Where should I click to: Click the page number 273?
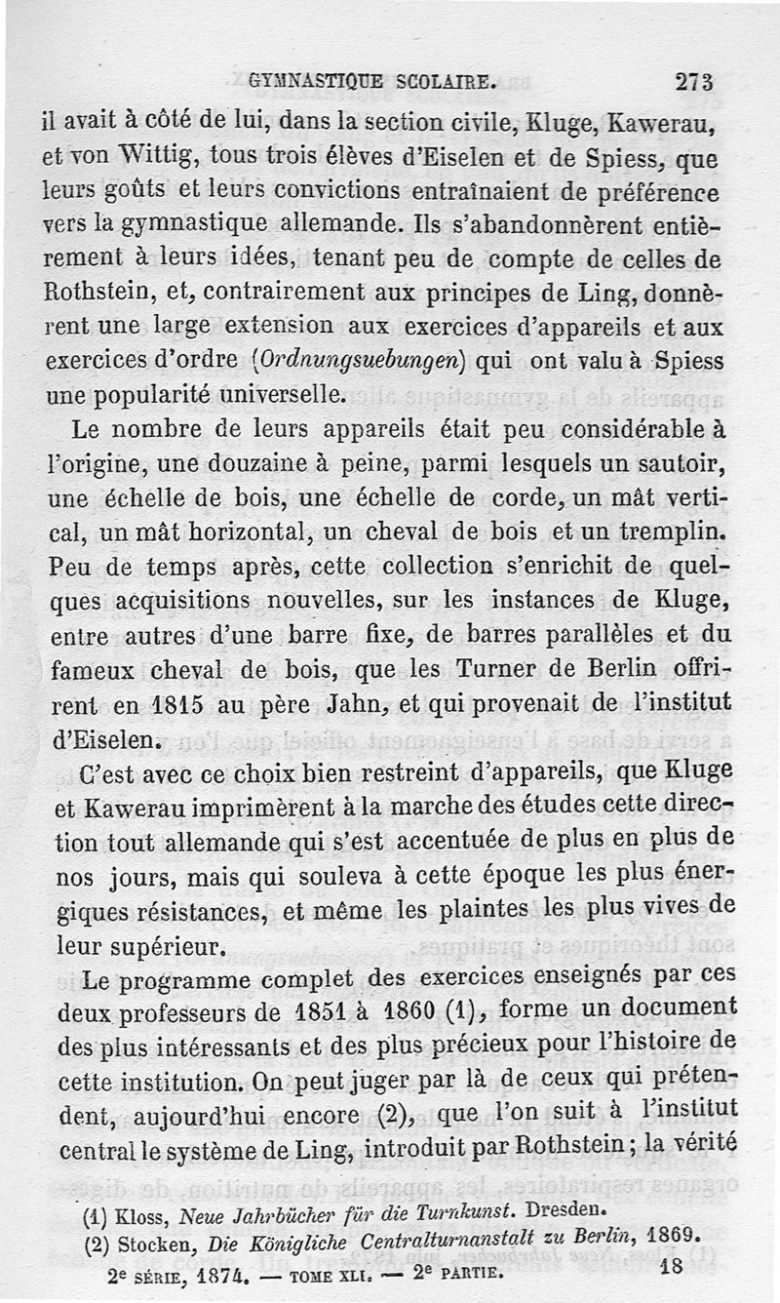(694, 82)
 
